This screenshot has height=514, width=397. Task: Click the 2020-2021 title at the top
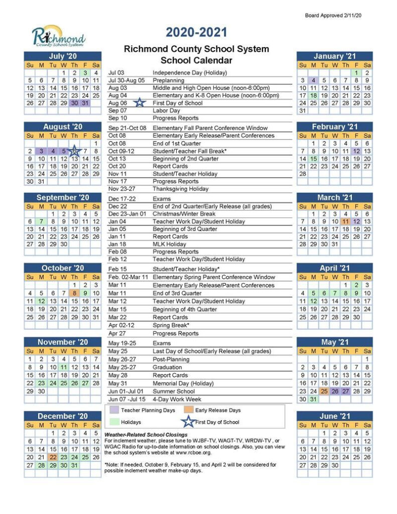pos(197,34)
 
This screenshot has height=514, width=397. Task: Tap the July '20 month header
pos(63,56)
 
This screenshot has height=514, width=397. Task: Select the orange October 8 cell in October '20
pos(74,293)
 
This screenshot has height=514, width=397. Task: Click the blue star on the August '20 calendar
pos(74,151)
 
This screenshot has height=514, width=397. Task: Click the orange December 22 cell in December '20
pos(52,457)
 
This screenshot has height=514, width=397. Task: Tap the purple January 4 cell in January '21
pos(313,80)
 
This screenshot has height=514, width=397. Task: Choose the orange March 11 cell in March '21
pos(345,221)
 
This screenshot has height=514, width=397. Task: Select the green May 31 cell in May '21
pos(313,399)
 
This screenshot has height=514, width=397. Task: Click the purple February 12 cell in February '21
pos(356,151)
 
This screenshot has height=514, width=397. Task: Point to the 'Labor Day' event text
pos(166,110)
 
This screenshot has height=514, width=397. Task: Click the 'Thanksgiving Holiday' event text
pos(180,189)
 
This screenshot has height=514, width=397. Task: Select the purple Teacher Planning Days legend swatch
pos(114,410)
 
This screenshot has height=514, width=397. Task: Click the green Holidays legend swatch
pos(114,422)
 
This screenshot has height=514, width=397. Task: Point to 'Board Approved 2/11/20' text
pos(333,16)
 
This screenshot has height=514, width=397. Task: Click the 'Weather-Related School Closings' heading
pos(146,434)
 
